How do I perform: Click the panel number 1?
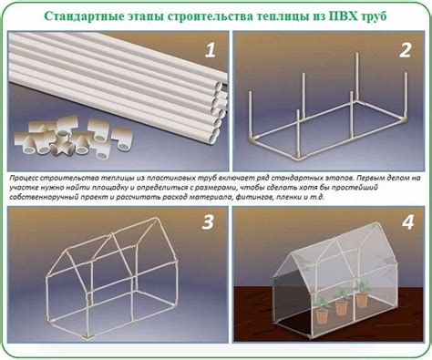[x=210, y=50]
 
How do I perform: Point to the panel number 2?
[x=406, y=50]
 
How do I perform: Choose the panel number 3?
[x=208, y=222]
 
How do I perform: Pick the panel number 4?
[x=407, y=222]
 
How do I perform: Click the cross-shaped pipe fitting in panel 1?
[x=62, y=143]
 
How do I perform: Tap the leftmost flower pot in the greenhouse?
[x=322, y=316]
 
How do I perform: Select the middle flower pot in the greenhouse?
[x=342, y=308]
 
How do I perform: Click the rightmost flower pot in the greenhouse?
[x=362, y=300]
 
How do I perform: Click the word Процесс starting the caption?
[x=24, y=178]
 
